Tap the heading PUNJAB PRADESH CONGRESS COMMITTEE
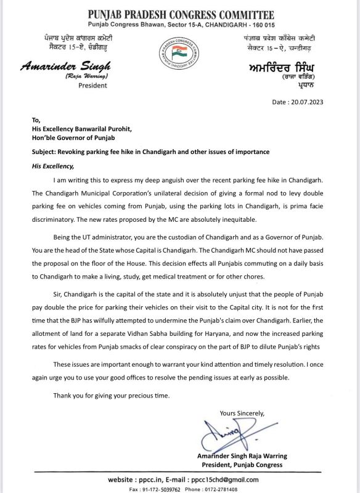(180, 13)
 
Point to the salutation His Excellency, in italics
(53, 166)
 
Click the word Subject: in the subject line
(47, 152)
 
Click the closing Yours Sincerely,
(242, 413)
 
